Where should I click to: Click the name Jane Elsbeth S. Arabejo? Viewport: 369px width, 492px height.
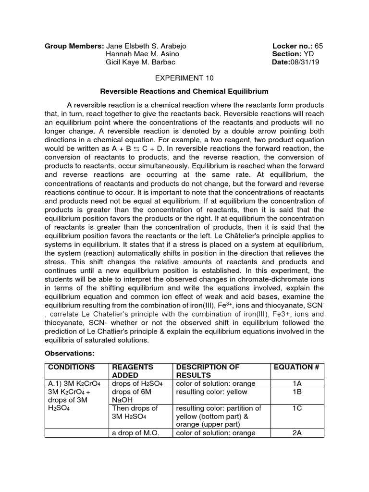(x=146, y=46)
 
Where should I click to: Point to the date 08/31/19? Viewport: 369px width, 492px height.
(x=307, y=62)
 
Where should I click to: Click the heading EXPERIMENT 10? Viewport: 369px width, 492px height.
(x=184, y=77)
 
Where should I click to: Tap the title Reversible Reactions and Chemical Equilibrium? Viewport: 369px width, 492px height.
(x=184, y=91)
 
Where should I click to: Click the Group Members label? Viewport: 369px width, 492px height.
(x=74, y=46)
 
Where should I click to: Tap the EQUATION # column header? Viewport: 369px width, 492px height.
(x=296, y=367)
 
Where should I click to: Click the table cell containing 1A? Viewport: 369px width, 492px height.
(x=296, y=383)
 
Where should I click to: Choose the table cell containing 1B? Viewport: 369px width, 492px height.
(x=296, y=392)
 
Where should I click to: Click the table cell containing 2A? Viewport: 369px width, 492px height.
(x=296, y=433)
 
